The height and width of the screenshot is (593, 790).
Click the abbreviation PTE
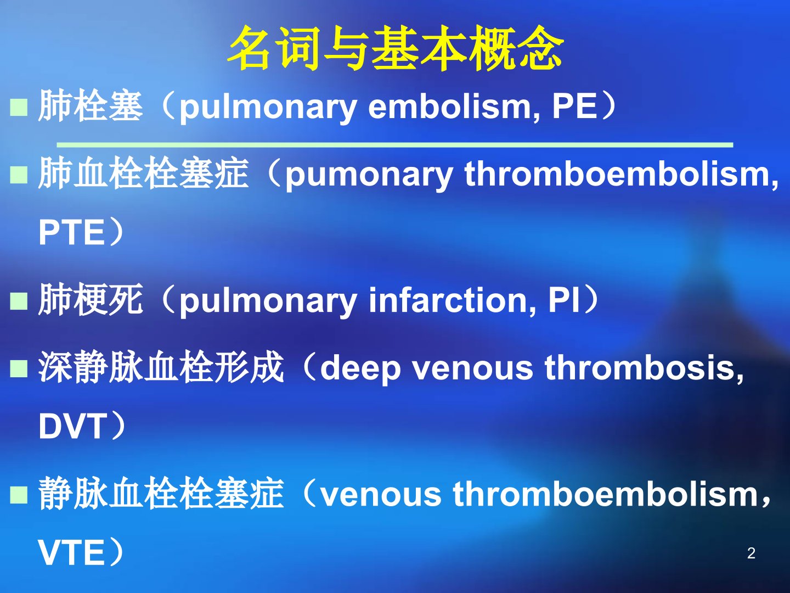(x=71, y=233)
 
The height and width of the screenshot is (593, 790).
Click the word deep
(x=360, y=368)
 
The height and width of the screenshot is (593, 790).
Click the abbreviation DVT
(x=72, y=426)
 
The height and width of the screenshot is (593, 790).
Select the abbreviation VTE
(x=71, y=553)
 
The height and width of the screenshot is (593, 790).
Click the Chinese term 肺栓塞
(x=91, y=105)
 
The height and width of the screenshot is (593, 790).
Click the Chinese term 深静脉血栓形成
(x=161, y=367)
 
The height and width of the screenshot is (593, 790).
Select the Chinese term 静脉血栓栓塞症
(x=161, y=493)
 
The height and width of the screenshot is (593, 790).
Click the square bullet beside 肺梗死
(x=19, y=301)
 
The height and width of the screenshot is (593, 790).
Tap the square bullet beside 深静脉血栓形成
(x=19, y=368)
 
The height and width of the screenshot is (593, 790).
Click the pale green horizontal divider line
(x=395, y=145)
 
